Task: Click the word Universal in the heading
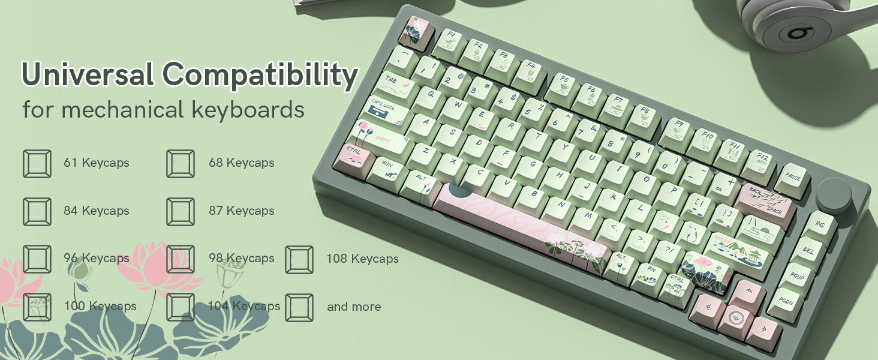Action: coord(88,74)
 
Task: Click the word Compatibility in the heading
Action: coord(259,76)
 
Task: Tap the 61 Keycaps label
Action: coord(97,163)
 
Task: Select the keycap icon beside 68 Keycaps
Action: coord(181,163)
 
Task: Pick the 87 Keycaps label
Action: coord(241,211)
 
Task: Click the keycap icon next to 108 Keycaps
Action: coord(299,259)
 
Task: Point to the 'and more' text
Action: coord(354,307)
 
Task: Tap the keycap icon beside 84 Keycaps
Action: coord(37,211)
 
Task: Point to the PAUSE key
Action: coord(793,177)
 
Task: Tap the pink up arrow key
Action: coord(749,293)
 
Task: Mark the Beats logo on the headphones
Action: coord(799,32)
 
